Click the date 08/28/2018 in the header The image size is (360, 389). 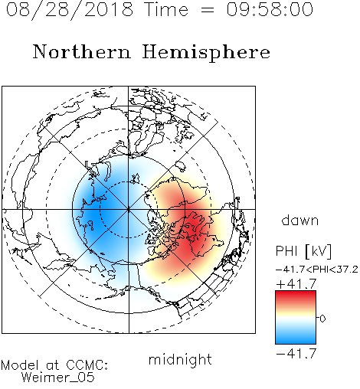click(x=70, y=9)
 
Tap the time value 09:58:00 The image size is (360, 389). click(x=270, y=9)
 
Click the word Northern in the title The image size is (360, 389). click(x=82, y=51)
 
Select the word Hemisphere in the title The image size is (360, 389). click(x=206, y=53)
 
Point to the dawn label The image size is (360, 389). click(x=300, y=220)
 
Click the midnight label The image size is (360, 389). click(x=180, y=359)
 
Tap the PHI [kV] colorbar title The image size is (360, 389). click(x=303, y=251)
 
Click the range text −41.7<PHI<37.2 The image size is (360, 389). click(x=317, y=270)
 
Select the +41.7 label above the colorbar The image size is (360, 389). click(x=296, y=284)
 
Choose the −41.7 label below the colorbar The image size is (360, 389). click(x=296, y=353)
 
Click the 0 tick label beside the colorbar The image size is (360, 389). click(x=322, y=319)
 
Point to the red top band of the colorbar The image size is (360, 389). click(x=296, y=296)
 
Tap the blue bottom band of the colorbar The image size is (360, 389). click(x=296, y=338)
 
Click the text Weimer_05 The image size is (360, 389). click(x=58, y=378)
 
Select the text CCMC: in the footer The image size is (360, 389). click(x=87, y=365)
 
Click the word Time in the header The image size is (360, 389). click(x=166, y=9)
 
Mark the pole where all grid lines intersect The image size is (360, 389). click(x=129, y=209)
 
